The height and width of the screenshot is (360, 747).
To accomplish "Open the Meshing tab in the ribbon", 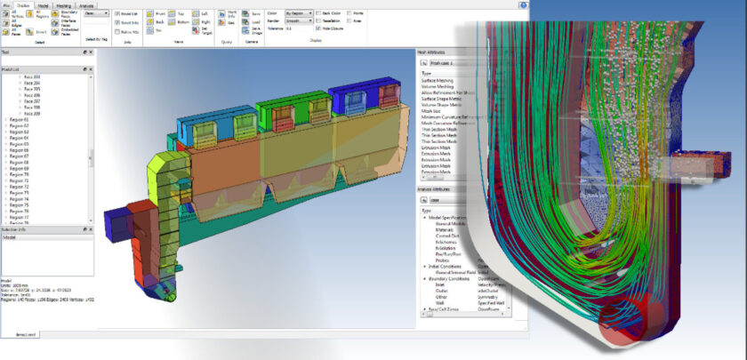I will click(63, 4).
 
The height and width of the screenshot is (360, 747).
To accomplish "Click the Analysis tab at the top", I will click(87, 4).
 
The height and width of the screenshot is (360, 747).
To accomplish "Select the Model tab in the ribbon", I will click(42, 4).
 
